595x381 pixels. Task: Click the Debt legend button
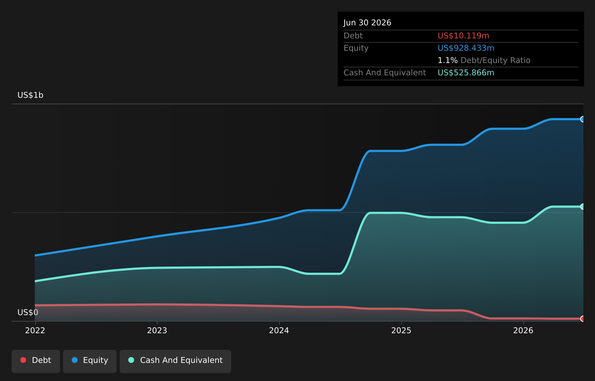(36, 361)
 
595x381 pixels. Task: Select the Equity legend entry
(90, 361)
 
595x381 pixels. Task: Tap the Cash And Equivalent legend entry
(175, 361)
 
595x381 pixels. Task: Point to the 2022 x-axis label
(35, 331)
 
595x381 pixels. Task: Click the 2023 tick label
(157, 331)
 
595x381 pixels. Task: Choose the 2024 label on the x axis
(279, 331)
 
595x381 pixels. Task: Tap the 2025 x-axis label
(401, 331)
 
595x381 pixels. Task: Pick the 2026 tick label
(523, 331)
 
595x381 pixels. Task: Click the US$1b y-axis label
(30, 95)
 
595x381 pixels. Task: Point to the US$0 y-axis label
(28, 313)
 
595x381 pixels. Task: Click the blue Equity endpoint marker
(583, 119)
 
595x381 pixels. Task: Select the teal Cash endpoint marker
(583, 206)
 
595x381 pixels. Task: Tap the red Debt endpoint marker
(583, 319)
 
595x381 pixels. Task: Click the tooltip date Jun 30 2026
(367, 22)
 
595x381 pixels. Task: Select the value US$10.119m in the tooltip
(463, 35)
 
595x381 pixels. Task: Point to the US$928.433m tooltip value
(466, 48)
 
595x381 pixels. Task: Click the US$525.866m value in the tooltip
(466, 72)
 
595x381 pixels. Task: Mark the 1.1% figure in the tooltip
(448, 60)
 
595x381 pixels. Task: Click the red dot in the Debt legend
(24, 360)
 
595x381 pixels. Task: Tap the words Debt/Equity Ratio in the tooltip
(495, 60)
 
